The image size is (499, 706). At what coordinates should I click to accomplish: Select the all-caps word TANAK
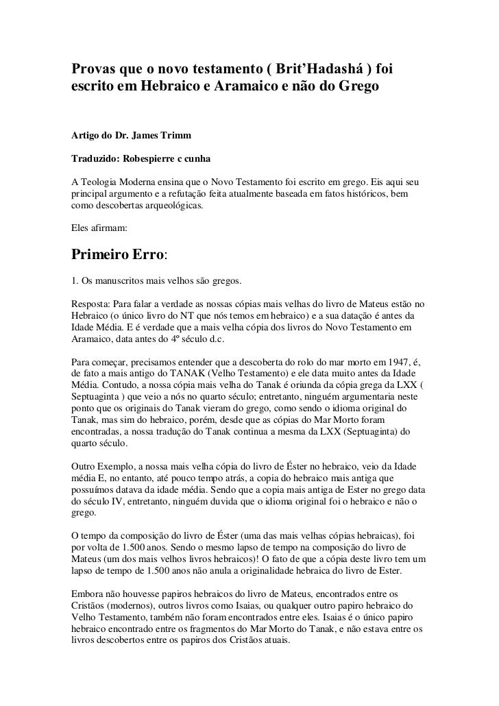pyautogui.click(x=195, y=372)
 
